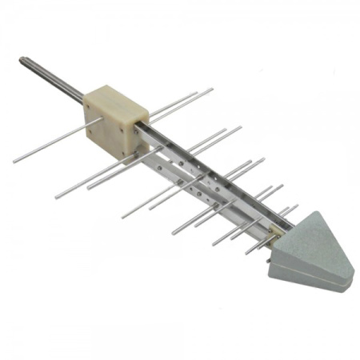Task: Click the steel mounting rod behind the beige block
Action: pos(56,81)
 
